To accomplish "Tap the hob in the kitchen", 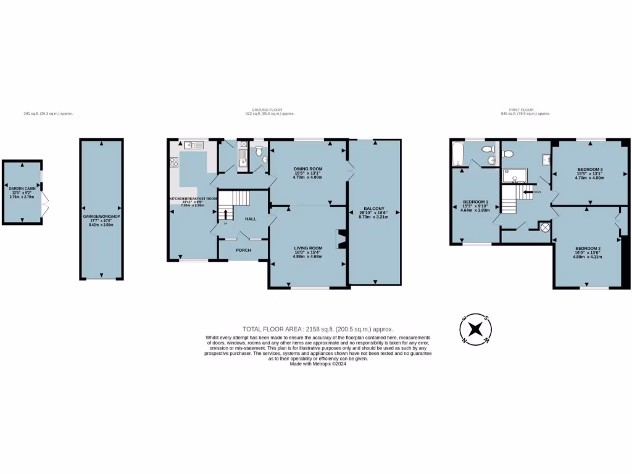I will (173, 163).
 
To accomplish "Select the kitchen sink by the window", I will (192, 145).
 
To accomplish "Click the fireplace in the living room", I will (340, 239).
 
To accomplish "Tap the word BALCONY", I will (372, 209).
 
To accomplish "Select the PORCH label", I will (243, 250).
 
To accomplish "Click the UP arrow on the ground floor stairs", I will (225, 214).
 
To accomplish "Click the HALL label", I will (251, 219).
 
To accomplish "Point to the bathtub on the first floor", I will (457, 154).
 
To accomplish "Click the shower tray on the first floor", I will (513, 176).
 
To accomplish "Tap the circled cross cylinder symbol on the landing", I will (545, 227).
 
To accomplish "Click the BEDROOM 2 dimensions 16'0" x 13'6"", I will (589, 252).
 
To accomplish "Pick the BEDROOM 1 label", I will (475, 202).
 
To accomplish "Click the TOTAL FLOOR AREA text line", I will (318, 330).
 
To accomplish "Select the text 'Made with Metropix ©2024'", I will (318, 364).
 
